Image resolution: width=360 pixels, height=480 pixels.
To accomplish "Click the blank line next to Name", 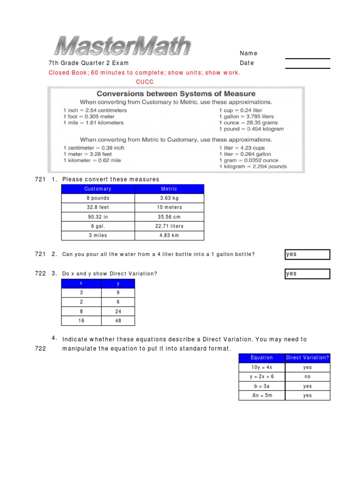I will tap(307, 58).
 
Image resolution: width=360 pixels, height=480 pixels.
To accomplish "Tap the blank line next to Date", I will tap(307, 67).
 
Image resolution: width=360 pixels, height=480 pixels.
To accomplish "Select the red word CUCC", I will tap(145, 82).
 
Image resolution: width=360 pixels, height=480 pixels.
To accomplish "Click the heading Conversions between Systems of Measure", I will tap(176, 94).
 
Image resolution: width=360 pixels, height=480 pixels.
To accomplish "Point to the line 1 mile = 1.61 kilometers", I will tap(93, 123).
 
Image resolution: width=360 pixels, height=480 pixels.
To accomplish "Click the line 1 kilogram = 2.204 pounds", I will tap(253, 166).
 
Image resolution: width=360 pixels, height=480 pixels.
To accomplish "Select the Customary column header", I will tap(98, 189).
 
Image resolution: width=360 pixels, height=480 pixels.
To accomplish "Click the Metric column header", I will tap(169, 189).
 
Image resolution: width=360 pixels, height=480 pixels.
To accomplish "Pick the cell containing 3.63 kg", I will tap(169, 198).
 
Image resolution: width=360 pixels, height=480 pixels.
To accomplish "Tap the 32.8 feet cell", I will tap(98, 207).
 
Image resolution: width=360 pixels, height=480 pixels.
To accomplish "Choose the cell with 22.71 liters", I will tap(169, 226).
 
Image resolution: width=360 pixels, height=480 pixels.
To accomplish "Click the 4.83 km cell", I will tap(169, 235).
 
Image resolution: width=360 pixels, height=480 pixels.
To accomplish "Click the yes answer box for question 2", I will tap(307, 255).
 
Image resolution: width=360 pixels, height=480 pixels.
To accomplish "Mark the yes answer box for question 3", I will tap(307, 274).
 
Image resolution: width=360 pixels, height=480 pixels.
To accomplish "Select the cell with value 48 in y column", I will tap(118, 321).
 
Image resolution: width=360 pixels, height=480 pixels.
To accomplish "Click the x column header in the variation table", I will tap(81, 284).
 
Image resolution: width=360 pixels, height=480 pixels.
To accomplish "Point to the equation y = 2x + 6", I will tap(262, 376).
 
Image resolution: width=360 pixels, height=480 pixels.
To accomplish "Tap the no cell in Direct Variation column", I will tap(307, 376).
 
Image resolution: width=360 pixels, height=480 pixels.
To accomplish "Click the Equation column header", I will tap(262, 358).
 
